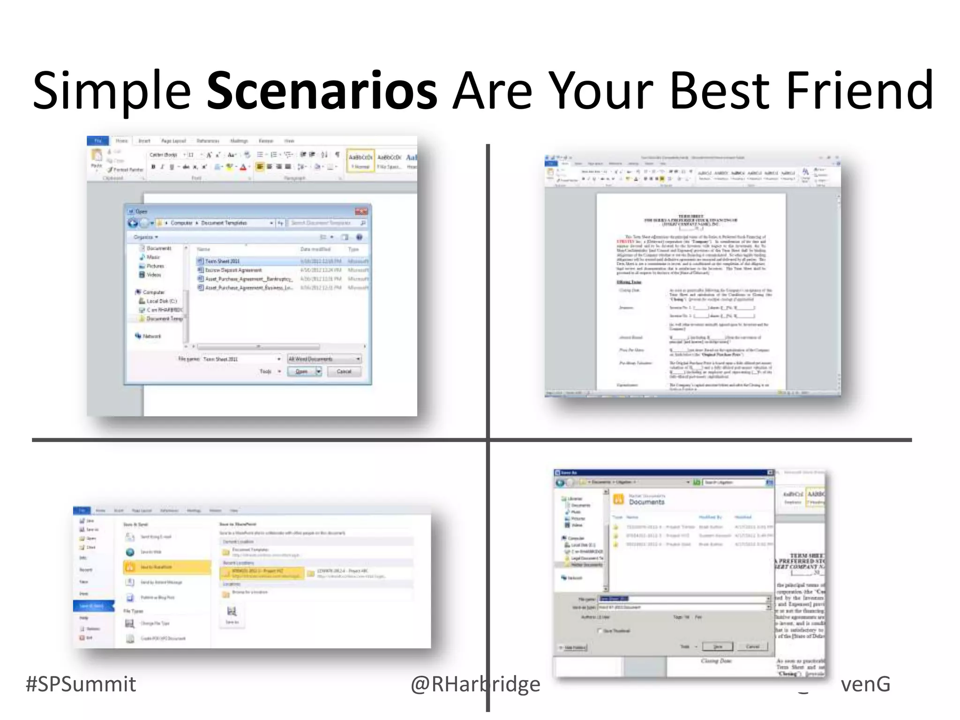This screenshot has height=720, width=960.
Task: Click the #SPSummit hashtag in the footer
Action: click(81, 684)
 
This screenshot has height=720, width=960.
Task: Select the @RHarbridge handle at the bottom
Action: click(475, 684)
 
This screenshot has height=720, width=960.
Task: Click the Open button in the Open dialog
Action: click(301, 372)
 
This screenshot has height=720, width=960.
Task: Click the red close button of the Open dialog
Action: click(361, 211)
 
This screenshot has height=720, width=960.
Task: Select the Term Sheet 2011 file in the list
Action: click(222, 261)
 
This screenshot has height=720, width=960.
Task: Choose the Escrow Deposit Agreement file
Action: click(233, 270)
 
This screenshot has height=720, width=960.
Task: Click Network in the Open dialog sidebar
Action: click(151, 336)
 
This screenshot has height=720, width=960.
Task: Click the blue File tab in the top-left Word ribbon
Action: click(97, 141)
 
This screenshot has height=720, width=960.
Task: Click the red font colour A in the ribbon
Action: click(243, 167)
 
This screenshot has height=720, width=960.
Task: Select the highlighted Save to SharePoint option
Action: click(167, 567)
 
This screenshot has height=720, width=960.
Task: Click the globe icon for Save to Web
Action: click(130, 552)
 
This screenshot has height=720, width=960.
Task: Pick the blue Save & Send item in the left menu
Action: click(93, 606)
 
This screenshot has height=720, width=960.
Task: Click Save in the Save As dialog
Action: click(717, 647)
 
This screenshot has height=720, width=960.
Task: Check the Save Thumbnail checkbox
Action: click(600, 631)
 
